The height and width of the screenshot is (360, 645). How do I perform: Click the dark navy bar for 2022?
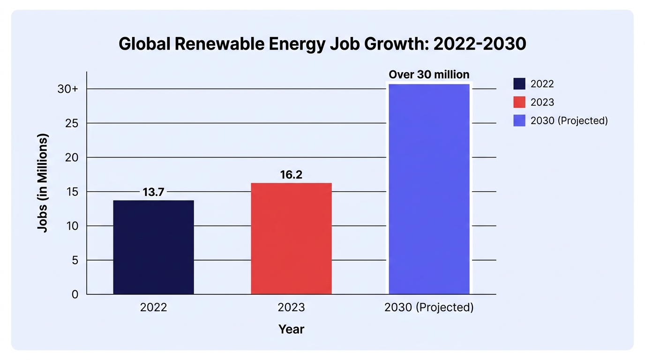pyautogui.click(x=153, y=247)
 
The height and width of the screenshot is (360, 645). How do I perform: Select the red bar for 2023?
pyautogui.click(x=291, y=239)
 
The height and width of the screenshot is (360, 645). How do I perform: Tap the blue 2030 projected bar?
pyautogui.click(x=429, y=189)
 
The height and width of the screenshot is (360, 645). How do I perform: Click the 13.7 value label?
pyautogui.click(x=153, y=192)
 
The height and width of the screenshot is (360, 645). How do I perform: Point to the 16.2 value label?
pyautogui.click(x=291, y=175)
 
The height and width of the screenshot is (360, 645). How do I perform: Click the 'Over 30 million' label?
pyautogui.click(x=429, y=75)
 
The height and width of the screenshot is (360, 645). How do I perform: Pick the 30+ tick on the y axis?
pyautogui.click(x=67, y=89)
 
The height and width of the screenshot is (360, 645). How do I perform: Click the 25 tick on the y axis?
pyautogui.click(x=72, y=123)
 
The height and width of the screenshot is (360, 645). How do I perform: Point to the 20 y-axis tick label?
pyautogui.click(x=72, y=157)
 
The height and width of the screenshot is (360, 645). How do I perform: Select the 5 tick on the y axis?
pyautogui.click(x=75, y=260)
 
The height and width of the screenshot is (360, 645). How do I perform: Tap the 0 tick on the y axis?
pyautogui.click(x=75, y=294)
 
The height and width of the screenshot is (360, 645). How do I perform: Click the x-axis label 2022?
pyautogui.click(x=153, y=307)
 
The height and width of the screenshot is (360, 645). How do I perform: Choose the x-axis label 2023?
pyautogui.click(x=291, y=307)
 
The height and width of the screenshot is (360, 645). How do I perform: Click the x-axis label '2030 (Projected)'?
pyautogui.click(x=429, y=307)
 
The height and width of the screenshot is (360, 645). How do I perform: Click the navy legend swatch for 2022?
pyautogui.click(x=519, y=84)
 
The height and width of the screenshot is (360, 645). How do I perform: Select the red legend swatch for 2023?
pyautogui.click(x=519, y=102)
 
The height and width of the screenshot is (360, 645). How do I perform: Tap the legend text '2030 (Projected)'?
pyautogui.click(x=569, y=120)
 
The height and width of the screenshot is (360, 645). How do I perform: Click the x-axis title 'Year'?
pyautogui.click(x=291, y=329)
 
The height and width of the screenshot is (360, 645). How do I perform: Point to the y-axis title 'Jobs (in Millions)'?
pyautogui.click(x=43, y=183)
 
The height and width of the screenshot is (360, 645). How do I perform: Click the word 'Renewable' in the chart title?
pyautogui.click(x=219, y=44)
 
